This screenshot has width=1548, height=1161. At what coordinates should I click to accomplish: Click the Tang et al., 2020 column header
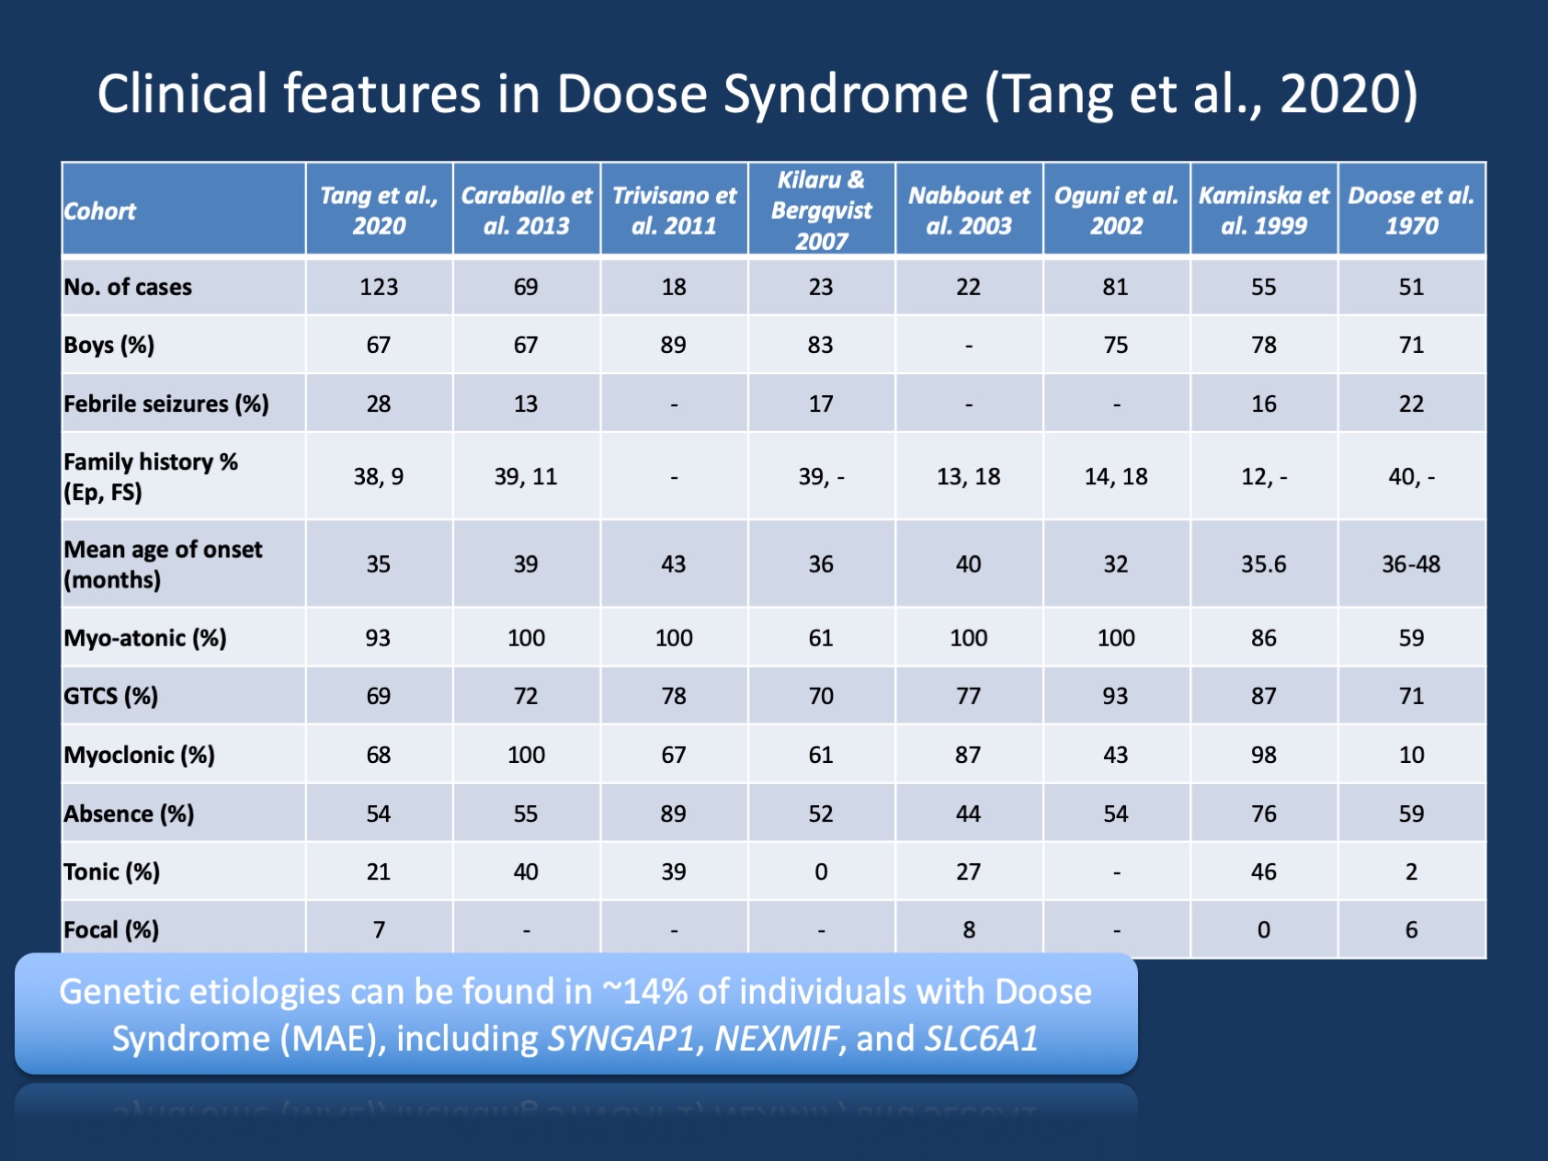click(x=379, y=211)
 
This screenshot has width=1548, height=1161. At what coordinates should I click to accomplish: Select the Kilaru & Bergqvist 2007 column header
click(x=821, y=211)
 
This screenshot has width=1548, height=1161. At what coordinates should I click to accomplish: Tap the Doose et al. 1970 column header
click(x=1411, y=211)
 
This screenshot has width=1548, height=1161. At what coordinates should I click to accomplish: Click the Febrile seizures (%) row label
click(x=166, y=404)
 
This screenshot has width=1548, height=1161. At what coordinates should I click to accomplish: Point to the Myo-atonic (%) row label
click(x=145, y=638)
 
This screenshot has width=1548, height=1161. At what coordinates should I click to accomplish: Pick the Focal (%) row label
click(x=111, y=930)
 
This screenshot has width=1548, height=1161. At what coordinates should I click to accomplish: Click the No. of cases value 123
click(x=379, y=287)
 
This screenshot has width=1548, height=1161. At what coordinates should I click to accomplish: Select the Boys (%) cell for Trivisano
click(x=674, y=345)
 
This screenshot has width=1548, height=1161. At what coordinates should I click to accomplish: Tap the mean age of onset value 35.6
click(x=1264, y=563)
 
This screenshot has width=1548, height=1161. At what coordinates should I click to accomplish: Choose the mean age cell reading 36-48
click(x=1411, y=563)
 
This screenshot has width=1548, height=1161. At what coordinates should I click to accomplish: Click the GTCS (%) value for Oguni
click(x=1116, y=696)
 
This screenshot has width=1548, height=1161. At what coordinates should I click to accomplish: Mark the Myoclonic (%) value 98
click(x=1264, y=755)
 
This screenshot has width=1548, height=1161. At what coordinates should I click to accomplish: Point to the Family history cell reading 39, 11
click(x=526, y=476)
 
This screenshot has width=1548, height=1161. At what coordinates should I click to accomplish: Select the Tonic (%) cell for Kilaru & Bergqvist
click(x=821, y=871)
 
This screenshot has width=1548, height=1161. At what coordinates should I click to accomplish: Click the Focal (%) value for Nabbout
click(x=969, y=930)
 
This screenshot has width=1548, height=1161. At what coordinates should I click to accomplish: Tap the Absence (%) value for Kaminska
click(x=1264, y=814)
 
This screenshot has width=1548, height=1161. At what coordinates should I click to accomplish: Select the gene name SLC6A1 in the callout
click(x=982, y=1039)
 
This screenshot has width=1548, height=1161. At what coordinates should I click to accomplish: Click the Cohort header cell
click(x=100, y=211)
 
